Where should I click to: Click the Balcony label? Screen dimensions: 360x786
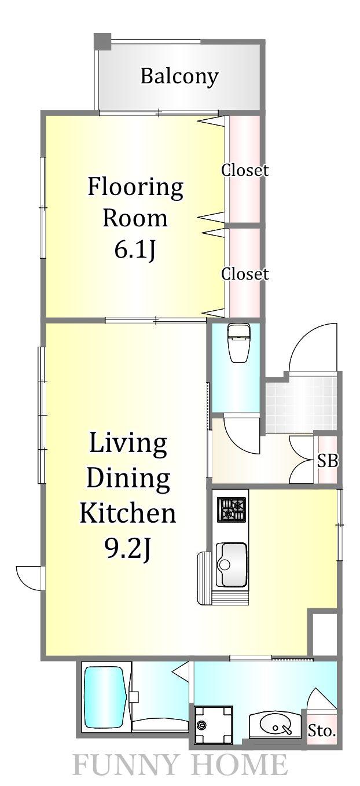pos(179,76)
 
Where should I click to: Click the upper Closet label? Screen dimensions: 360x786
pos(245,170)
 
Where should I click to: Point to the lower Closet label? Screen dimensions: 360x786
pos(245,274)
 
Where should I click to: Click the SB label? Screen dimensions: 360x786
pos(328,461)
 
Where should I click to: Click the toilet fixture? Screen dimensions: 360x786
pos(239,343)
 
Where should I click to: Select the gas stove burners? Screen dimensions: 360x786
pos(232,509)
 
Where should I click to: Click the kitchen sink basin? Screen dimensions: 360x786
pos(232,564)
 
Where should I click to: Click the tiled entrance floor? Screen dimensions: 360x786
pos(301,403)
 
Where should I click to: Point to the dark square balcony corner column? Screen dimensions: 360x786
pos(102,42)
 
